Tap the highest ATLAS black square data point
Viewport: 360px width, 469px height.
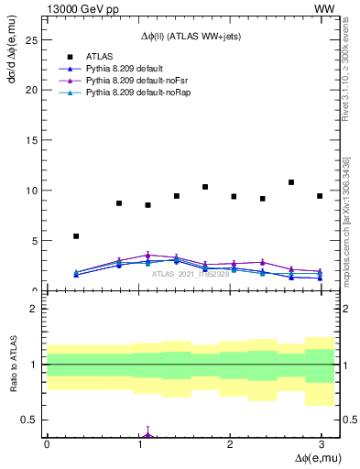click(291, 182)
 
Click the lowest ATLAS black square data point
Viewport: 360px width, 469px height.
click(76, 236)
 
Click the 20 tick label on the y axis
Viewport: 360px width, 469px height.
click(33, 91)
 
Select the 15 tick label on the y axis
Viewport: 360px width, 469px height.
click(33, 141)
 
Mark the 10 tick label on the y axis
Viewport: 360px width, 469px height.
click(33, 191)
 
